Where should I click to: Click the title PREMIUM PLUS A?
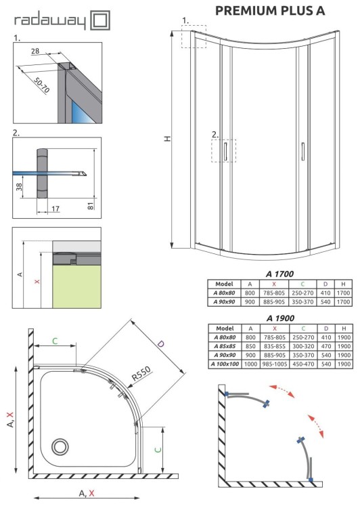[270, 10]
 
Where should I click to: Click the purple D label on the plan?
[160, 344]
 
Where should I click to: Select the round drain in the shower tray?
[60, 446]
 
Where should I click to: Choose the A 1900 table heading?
[279, 317]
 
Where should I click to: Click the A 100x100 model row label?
[223, 364]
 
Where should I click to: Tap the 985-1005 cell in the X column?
[274, 364]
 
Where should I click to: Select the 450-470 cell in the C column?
[302, 364]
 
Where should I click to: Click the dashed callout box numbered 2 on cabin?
[223, 150]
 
